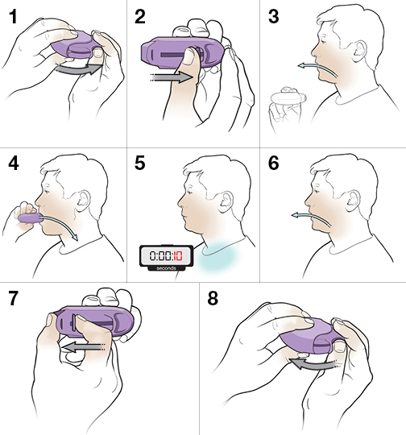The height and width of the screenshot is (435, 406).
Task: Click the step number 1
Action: coord(13,17)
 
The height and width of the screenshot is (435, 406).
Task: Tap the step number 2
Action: coord(140,17)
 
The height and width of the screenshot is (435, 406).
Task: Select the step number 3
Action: coord(274,17)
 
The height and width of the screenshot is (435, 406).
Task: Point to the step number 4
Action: coord(14,163)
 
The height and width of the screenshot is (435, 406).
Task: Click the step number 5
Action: coord(140,163)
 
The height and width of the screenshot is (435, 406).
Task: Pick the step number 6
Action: coord(274,163)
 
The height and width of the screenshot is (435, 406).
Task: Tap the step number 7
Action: coord(14,299)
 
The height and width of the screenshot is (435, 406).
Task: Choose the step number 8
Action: coord(213,299)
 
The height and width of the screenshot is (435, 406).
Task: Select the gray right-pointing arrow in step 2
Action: coord(172,77)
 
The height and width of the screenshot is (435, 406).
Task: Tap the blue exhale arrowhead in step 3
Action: coord(300,66)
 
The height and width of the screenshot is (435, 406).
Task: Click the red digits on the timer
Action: coord(178,255)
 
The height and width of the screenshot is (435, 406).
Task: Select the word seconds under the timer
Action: coord(166,268)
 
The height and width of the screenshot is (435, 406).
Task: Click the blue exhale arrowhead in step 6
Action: coord(295,215)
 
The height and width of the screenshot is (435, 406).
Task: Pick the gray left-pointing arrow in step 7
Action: coord(83,347)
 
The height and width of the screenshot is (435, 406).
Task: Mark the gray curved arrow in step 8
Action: coord(313,363)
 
